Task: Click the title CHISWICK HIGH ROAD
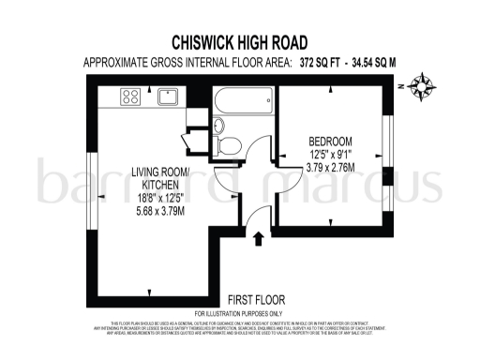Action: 240,42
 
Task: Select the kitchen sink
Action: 170,95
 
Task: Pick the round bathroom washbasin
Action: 218,127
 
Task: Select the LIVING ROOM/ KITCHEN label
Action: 158,178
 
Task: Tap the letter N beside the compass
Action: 398,84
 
